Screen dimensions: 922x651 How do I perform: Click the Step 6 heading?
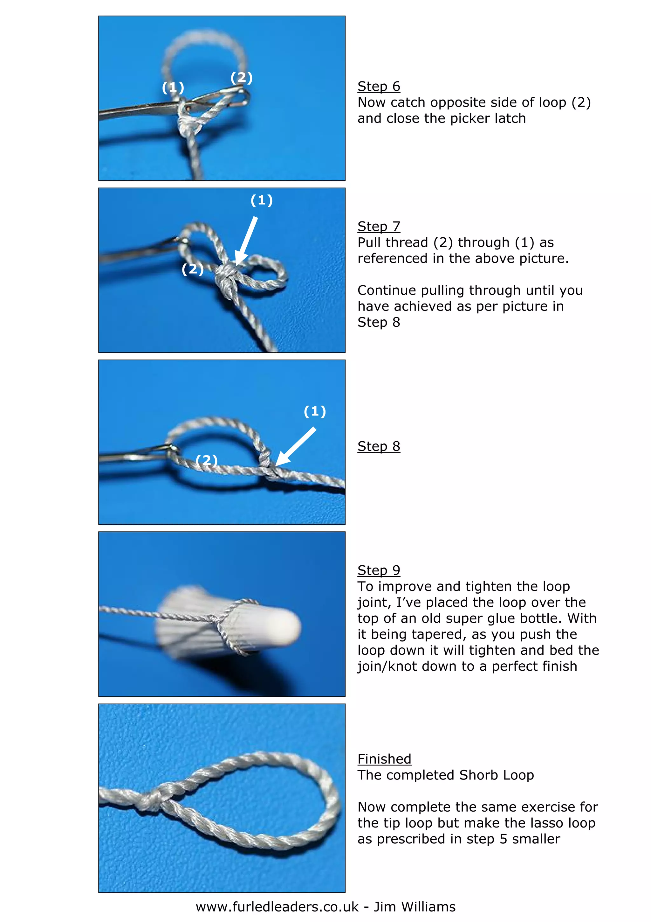click(x=379, y=86)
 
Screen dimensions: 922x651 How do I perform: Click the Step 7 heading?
click(x=379, y=227)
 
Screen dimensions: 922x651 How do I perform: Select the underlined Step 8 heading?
click(x=379, y=446)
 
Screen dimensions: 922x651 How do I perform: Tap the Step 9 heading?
click(x=379, y=570)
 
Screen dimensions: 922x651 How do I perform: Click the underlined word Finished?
click(x=384, y=759)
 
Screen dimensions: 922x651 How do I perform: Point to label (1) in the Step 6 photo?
click(x=173, y=87)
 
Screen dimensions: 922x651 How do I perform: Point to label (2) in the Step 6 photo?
click(x=242, y=78)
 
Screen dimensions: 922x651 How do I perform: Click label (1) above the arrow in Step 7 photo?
click(x=262, y=200)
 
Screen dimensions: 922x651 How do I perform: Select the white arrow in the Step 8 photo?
click(x=296, y=447)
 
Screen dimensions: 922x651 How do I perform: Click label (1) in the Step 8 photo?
click(x=315, y=411)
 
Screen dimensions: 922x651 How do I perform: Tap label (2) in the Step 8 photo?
click(x=207, y=460)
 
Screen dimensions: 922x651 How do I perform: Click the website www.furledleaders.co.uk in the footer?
click(x=277, y=907)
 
